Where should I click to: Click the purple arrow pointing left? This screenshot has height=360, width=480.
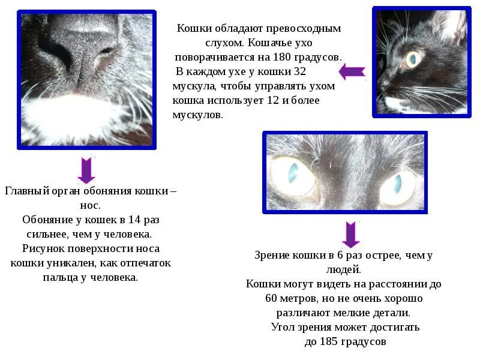click(x=352, y=72)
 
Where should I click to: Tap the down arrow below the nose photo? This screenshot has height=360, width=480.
click(x=86, y=170)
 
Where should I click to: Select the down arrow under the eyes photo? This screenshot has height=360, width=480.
click(x=350, y=234)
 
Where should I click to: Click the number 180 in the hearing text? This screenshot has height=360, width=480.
click(x=285, y=56)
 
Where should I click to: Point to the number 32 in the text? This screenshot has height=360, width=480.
click(x=300, y=71)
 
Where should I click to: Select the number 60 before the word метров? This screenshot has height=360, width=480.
click(x=272, y=298)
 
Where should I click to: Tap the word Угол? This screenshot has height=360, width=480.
click(x=283, y=327)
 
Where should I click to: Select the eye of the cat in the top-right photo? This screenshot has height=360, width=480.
click(x=413, y=58)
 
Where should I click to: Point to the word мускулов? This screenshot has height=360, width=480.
click(x=197, y=114)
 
